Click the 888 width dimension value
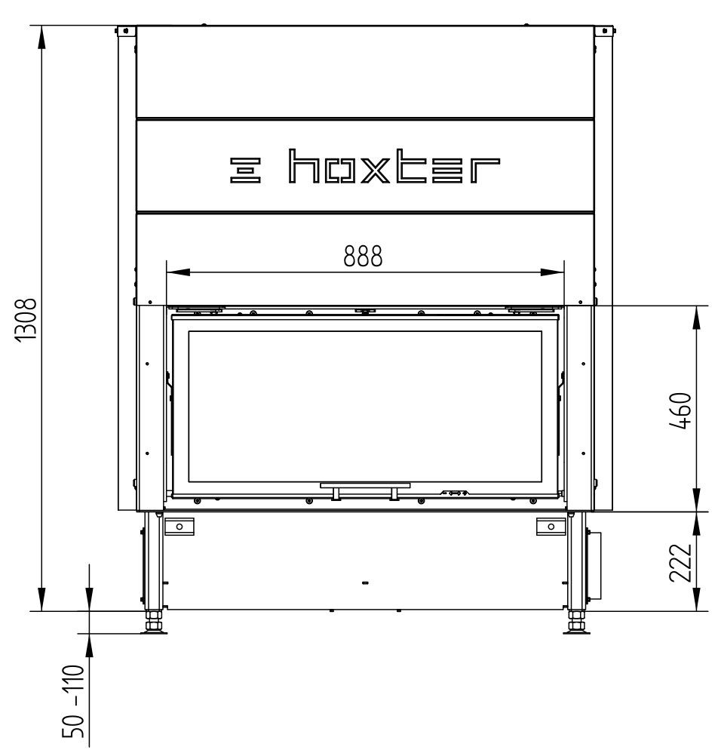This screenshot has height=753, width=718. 363,256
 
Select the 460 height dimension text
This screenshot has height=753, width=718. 680,410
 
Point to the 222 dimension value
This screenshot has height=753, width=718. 680,563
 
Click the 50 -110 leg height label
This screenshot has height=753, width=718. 73,701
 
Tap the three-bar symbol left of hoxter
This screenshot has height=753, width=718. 245,170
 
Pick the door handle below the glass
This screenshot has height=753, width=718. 365,490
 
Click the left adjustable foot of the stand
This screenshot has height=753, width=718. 154,622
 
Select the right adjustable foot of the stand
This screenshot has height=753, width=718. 576,622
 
